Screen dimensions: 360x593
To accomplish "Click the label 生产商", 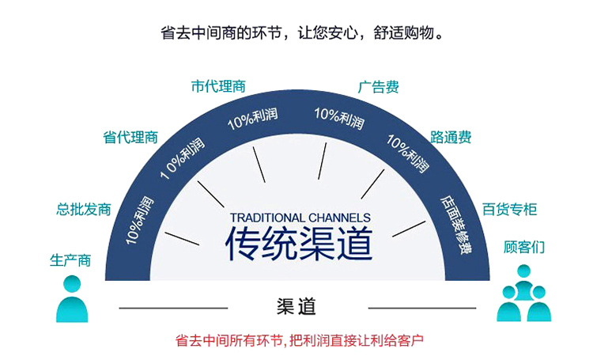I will [x=70, y=260].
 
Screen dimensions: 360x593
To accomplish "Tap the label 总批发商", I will [x=83, y=210].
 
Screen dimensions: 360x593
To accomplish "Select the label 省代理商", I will [x=130, y=137].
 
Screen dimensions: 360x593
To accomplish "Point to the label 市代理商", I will [x=218, y=86].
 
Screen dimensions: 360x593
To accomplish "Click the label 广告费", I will [x=378, y=87].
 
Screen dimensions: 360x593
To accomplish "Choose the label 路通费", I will [x=451, y=137].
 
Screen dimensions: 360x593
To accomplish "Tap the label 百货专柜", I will [x=510, y=210].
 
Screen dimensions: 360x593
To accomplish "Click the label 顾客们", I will [x=524, y=248].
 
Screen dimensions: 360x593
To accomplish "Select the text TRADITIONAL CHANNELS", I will [x=300, y=218].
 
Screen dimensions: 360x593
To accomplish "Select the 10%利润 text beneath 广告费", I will [x=339, y=119].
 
